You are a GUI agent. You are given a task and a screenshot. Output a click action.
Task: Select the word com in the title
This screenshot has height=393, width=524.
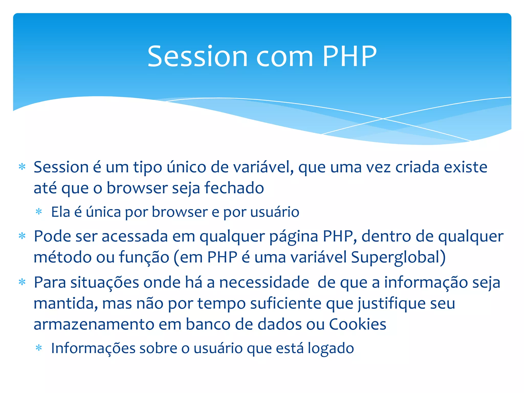(285, 57)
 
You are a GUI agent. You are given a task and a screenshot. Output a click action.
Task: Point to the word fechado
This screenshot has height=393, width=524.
(234, 188)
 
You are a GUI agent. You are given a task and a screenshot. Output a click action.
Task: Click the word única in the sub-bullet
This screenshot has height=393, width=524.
(103, 212)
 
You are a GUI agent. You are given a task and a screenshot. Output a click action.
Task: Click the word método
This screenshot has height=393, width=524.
(62, 257)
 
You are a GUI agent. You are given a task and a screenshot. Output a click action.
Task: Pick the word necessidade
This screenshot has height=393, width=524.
(264, 283)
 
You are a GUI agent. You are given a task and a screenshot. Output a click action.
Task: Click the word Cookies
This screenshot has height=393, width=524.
(357, 324)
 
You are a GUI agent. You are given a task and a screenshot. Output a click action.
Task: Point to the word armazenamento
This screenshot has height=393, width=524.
(94, 324)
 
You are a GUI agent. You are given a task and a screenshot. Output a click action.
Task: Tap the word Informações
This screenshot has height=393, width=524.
(93, 348)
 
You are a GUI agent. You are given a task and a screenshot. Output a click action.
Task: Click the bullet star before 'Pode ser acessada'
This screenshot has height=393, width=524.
(22, 236)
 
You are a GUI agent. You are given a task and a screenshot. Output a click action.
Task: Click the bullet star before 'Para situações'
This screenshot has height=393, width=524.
(22, 282)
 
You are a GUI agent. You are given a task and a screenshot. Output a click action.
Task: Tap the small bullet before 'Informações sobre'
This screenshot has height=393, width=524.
(39, 348)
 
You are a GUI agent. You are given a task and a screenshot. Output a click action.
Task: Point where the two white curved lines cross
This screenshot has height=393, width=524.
(383, 119)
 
